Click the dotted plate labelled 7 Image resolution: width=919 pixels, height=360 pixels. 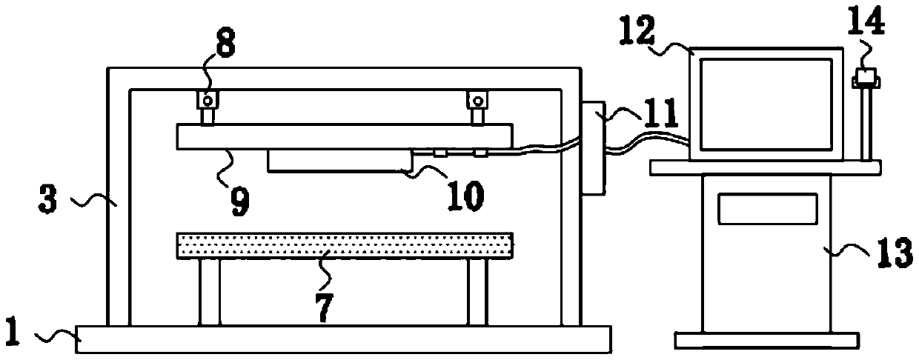345,245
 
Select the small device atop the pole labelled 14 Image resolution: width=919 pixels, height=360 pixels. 865,78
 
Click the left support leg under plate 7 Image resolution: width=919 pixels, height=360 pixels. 209,293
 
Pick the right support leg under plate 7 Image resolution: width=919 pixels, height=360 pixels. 477,293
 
